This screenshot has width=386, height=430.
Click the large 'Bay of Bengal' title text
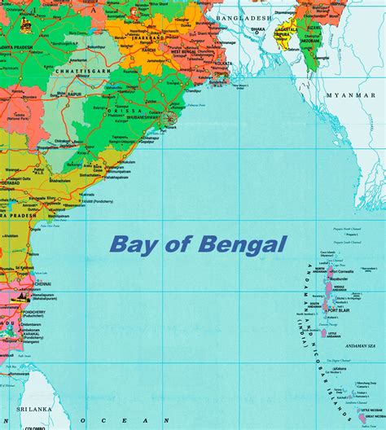pos(198,244)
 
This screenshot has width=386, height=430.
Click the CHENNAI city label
pos(42,284)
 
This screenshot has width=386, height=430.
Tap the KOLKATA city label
pos(221,62)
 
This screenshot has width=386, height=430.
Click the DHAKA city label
pos(258,29)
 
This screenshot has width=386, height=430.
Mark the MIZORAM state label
pos(310,39)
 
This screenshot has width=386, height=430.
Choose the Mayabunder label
pos(339,278)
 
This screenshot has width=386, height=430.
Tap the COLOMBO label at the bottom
pos(35,427)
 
